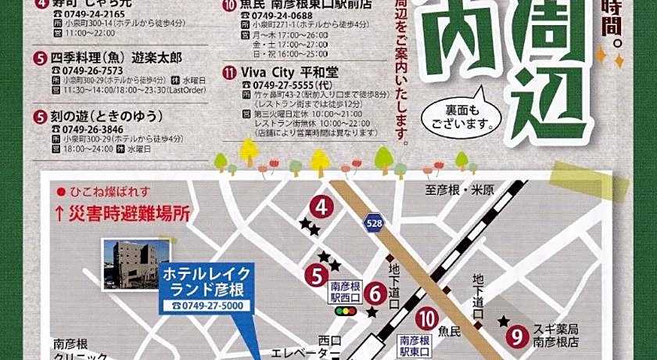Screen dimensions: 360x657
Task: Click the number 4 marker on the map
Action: (322, 207)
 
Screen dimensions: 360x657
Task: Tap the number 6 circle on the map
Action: (375, 294)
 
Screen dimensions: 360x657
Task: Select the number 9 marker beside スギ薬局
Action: (515, 337)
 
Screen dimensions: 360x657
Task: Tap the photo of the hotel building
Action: (136, 264)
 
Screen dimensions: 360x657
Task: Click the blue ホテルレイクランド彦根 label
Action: (206, 281)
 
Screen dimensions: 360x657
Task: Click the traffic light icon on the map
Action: (344, 311)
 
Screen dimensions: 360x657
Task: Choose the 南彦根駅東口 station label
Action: (415, 345)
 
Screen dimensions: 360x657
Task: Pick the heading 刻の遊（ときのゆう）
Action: (108, 116)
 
